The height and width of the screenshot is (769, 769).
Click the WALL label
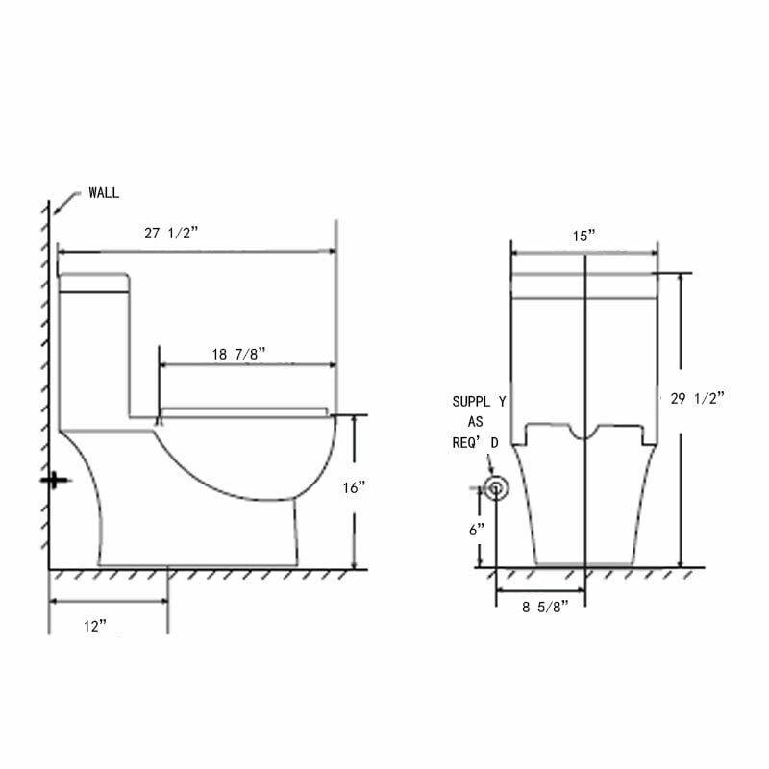tap(104, 193)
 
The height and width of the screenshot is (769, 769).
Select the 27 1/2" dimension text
tap(171, 233)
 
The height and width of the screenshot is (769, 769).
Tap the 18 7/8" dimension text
tap(238, 354)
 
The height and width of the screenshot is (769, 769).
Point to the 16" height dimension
tap(354, 487)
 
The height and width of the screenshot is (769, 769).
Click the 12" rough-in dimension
tap(95, 627)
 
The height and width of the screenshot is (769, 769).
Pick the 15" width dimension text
tap(583, 236)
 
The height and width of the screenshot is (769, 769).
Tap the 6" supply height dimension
tap(477, 530)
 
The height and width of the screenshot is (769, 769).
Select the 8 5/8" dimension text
tap(545, 608)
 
